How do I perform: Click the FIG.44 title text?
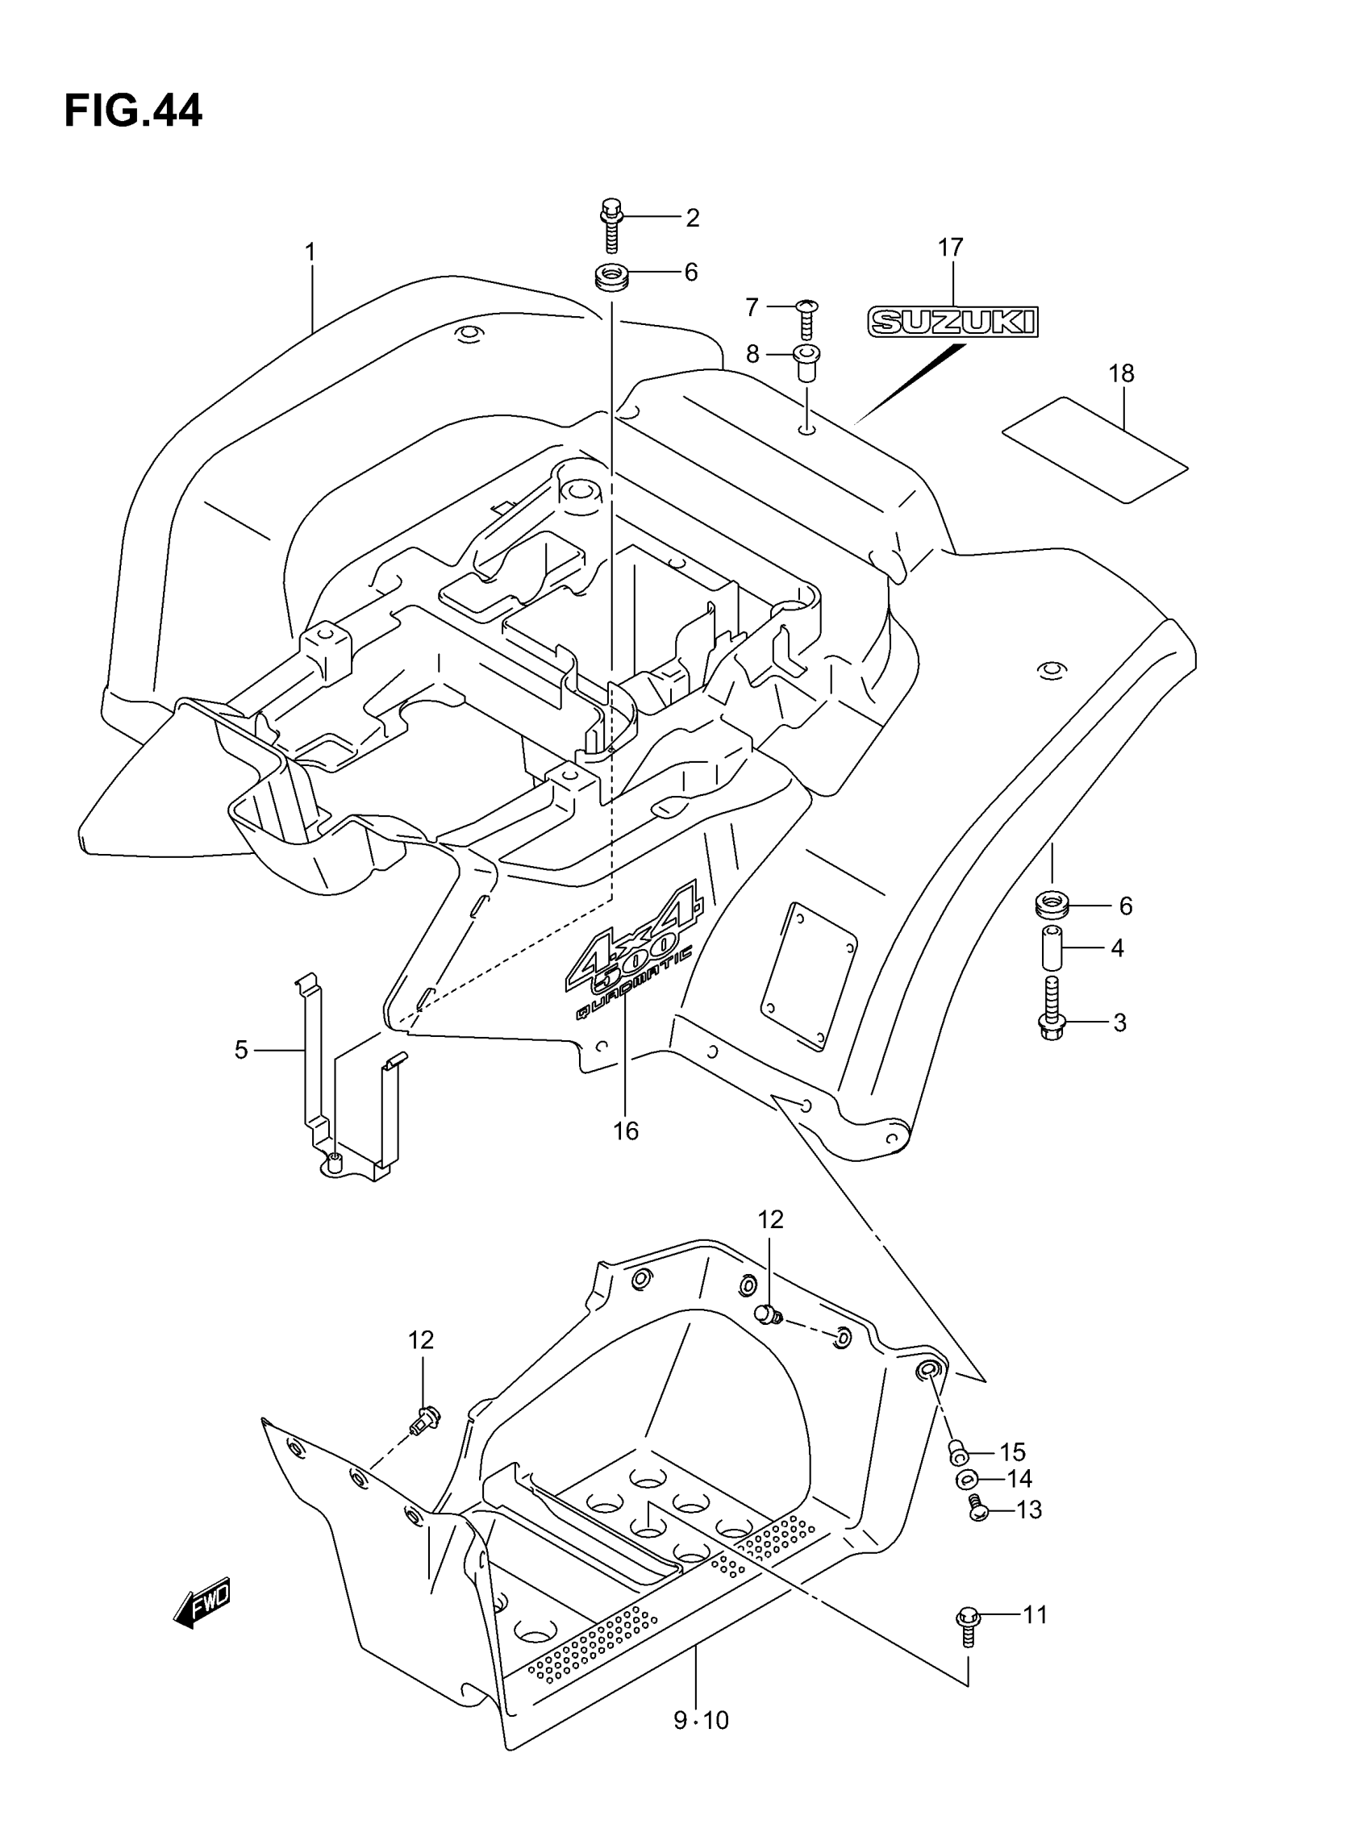[133, 111]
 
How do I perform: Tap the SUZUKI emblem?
[952, 322]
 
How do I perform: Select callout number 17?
[950, 247]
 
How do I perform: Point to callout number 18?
[1121, 373]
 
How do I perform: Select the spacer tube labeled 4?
[1052, 947]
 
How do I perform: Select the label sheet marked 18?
[1094, 450]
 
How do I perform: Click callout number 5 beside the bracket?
[241, 1051]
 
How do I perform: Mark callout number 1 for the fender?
[310, 252]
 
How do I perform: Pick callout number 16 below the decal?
[626, 1131]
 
